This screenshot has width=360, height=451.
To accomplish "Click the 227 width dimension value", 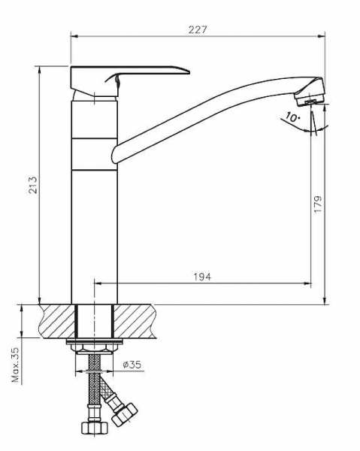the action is [198, 29].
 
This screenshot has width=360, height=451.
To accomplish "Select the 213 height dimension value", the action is [33, 185].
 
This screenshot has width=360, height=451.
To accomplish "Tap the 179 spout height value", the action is [318, 204].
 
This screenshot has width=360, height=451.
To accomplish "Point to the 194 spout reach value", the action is [202, 277].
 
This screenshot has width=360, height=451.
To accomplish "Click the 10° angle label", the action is [292, 117].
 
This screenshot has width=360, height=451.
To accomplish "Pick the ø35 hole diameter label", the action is [132, 365].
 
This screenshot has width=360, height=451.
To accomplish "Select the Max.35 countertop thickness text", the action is [16, 365].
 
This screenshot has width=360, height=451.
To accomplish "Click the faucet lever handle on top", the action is [130, 80].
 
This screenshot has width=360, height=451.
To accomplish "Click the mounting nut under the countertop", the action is [94, 349].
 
